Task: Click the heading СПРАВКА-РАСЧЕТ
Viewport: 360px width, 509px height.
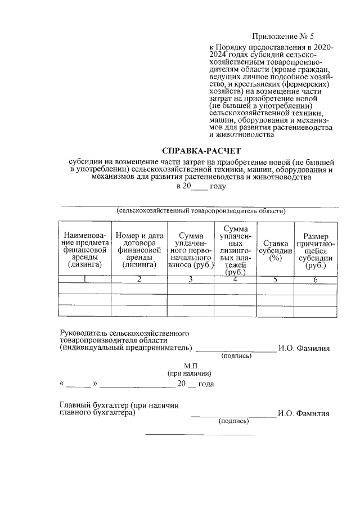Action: [201, 151]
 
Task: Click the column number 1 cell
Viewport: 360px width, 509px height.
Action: [85, 280]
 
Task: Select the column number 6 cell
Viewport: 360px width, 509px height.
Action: [316, 280]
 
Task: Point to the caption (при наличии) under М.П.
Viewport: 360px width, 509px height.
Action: [189, 373]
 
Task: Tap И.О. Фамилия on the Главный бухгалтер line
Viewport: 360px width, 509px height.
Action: [304, 413]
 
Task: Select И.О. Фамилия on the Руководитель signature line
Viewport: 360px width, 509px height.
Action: [304, 348]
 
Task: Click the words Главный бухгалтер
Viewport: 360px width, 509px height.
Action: [93, 405]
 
